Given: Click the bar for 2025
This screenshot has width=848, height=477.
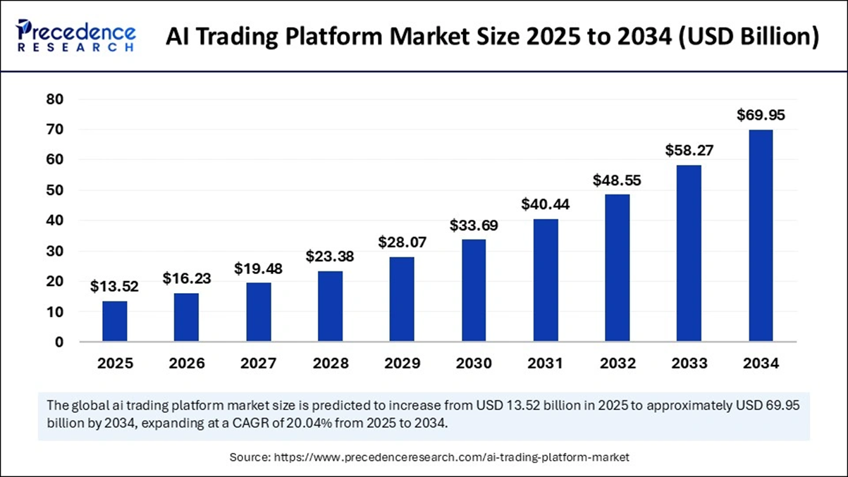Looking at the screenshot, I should point(115,321).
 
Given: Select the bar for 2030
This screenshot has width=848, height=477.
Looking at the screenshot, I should point(473,290).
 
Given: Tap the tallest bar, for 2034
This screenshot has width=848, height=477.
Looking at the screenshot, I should point(761,236).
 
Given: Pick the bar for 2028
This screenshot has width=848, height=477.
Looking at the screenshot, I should point(330,306).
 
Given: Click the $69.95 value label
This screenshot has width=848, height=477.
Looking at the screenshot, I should point(761,115).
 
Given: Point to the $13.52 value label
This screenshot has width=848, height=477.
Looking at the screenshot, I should point(115,286).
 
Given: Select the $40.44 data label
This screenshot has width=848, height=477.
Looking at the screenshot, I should point(546,204).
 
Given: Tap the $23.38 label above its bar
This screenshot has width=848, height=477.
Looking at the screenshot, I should point(330,256).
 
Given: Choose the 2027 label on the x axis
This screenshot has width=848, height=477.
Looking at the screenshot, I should point(259,364).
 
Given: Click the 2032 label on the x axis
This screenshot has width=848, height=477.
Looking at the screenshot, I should point(617,364).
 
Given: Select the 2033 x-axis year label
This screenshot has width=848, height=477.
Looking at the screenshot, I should point(689,364).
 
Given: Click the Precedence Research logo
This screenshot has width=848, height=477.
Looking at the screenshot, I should point(76,35).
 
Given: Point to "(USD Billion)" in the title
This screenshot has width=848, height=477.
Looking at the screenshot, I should point(746,38).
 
